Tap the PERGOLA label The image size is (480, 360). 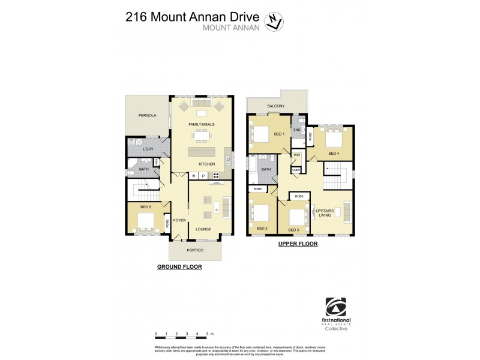[147, 115]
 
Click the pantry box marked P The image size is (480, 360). [203, 176]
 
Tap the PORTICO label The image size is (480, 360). [195, 250]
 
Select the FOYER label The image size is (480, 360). [179, 220]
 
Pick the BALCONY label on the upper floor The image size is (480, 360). [276, 106]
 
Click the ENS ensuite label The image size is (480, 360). [296, 130]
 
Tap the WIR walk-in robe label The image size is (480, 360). [296, 155]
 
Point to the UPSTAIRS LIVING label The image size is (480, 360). [324, 214]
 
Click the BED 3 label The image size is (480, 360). [293, 230]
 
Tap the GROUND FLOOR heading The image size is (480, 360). [179, 267]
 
